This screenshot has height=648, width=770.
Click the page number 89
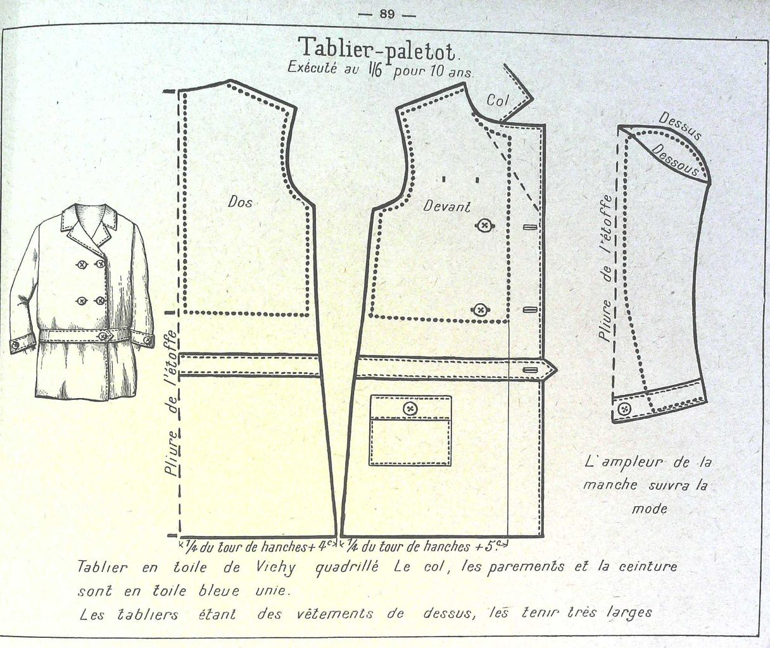click(387, 15)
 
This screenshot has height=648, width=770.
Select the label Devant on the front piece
click(447, 206)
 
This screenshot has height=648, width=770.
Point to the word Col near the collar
click(498, 100)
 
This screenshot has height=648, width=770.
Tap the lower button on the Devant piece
click(481, 309)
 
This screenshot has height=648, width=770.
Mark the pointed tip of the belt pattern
click(554, 369)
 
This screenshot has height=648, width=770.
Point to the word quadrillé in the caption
click(346, 568)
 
